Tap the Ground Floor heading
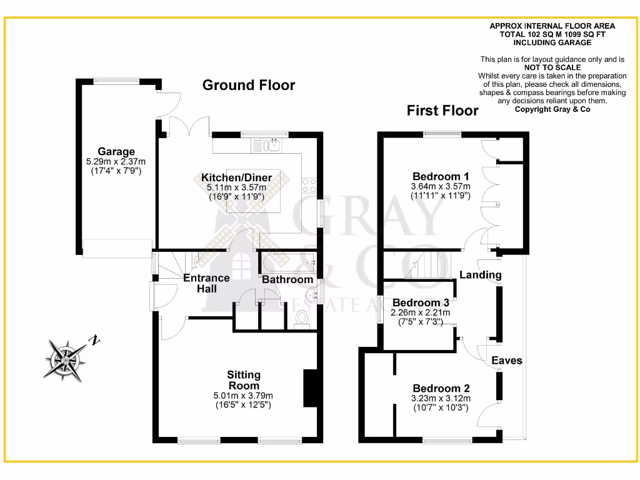(x=248, y=85)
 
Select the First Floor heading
(x=442, y=111)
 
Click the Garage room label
(x=116, y=151)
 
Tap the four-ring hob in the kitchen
(x=309, y=184)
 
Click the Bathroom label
(x=287, y=279)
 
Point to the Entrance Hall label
(x=206, y=283)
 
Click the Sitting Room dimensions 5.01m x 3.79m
(x=243, y=396)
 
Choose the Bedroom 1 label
(x=440, y=176)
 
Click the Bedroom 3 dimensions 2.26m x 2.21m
(x=421, y=312)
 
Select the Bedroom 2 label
(x=441, y=387)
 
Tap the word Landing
(x=480, y=275)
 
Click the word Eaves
(x=506, y=361)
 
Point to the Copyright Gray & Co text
(x=552, y=109)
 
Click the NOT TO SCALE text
(x=552, y=67)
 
